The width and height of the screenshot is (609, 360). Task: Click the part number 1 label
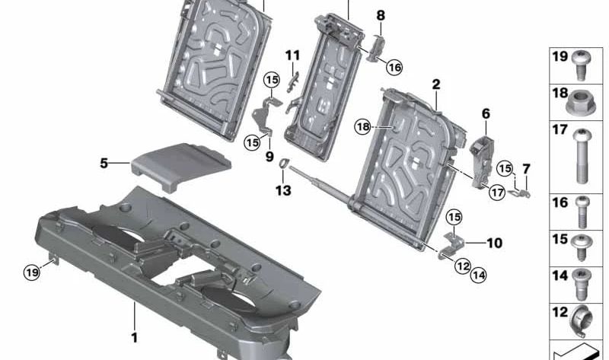click(134, 337)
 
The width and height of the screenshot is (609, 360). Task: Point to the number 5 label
click(104, 163)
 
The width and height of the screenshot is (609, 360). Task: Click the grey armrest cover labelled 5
click(181, 165)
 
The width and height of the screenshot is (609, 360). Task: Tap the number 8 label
click(381, 15)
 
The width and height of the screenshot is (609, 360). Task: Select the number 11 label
click(292, 56)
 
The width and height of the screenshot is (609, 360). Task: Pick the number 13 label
click(283, 190)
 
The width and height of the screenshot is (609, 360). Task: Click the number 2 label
click(436, 84)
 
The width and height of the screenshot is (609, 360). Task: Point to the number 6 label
click(486, 114)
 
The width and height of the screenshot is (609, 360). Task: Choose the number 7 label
click(526, 169)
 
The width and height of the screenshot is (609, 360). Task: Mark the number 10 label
click(494, 243)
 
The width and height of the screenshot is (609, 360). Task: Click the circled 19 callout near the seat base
click(32, 272)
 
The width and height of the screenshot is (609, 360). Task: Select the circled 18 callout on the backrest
click(363, 126)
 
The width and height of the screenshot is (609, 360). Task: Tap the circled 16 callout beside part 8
click(394, 68)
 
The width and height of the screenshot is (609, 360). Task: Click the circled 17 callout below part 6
click(497, 193)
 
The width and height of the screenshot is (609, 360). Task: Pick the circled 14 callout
click(478, 275)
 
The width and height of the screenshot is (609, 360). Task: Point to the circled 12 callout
click(462, 266)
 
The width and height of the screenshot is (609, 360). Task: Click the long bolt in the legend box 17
click(582, 156)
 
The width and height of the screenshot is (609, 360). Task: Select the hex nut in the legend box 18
click(580, 103)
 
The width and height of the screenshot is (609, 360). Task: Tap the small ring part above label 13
click(283, 163)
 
